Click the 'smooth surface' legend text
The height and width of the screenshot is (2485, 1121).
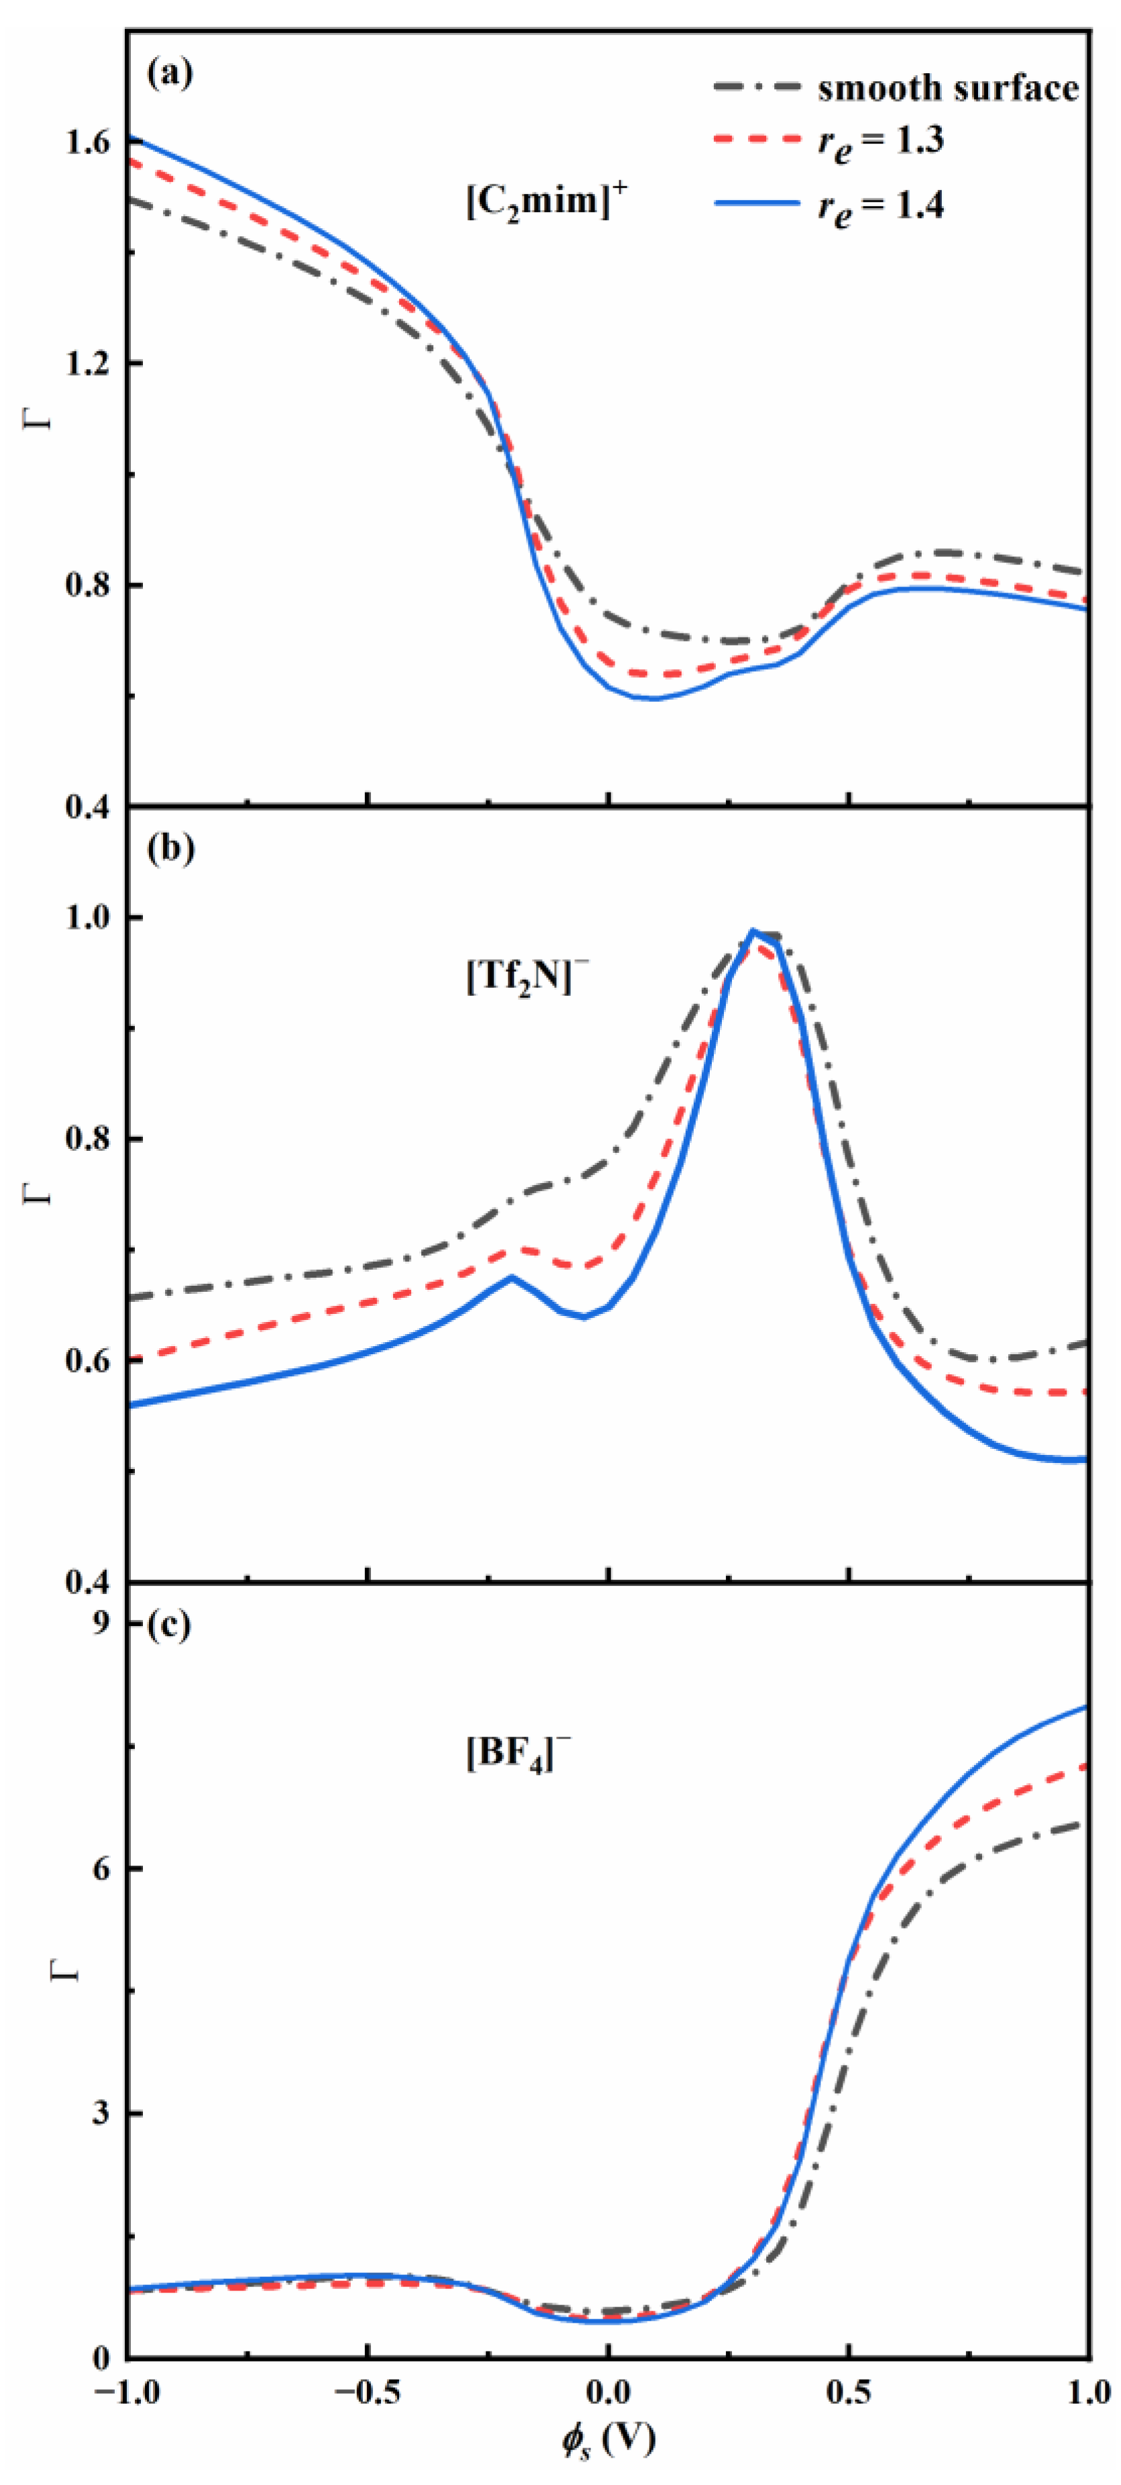coord(947,89)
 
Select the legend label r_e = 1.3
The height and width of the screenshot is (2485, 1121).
coord(881,143)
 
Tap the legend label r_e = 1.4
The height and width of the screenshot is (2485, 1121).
coord(881,205)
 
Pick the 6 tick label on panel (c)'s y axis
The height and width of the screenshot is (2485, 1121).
coord(103,1868)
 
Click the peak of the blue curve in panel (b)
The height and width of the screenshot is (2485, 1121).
coord(753,931)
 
